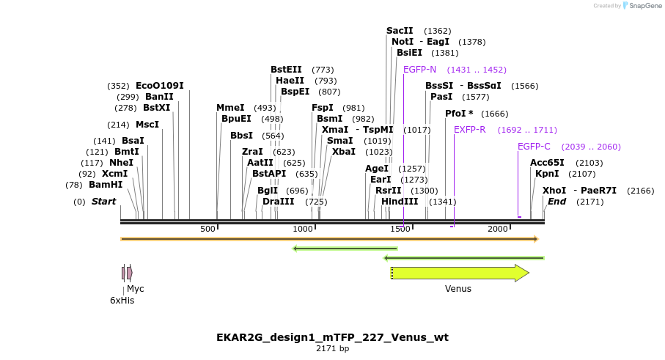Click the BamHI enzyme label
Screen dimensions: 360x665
tap(106, 185)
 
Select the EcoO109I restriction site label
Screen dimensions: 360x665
tap(160, 86)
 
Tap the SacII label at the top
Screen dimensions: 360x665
tap(400, 31)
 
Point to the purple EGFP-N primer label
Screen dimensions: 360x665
tap(419, 70)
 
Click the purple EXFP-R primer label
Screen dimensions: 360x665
tap(469, 130)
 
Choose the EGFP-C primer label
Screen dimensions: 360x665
tap(534, 147)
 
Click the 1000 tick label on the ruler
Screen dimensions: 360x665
tap(303, 229)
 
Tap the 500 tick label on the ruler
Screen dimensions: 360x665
tap(208, 229)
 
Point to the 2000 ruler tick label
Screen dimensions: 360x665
tap(498, 229)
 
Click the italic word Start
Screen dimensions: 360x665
tap(103, 202)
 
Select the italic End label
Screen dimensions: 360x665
tap(557, 202)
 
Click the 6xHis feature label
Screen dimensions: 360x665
tap(122, 300)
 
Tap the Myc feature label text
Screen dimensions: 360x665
tap(136, 289)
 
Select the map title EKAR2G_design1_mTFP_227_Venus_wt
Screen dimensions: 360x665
tap(332, 337)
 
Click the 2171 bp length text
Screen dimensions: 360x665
tap(332, 349)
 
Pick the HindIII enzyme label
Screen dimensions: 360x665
tap(400, 202)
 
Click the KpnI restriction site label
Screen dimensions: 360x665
tap(547, 174)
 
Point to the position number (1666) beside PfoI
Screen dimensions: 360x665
tap(495, 114)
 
